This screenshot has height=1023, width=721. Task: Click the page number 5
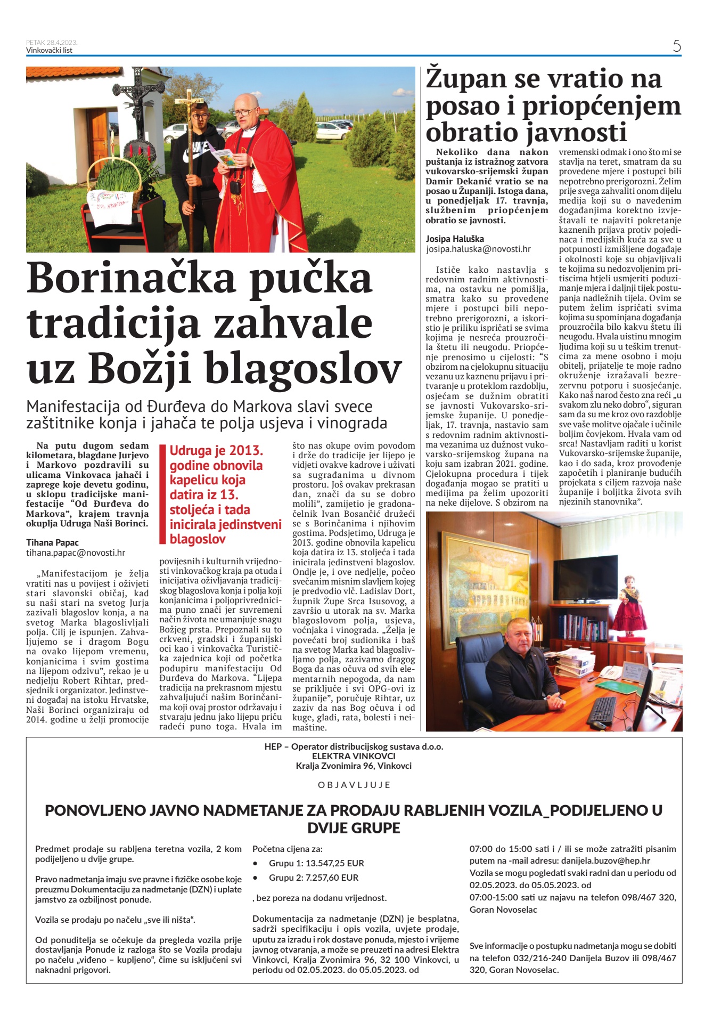676,46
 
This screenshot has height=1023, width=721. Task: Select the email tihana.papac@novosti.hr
76,553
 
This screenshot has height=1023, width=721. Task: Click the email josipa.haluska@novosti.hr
478,249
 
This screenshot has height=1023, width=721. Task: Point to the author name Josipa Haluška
455,239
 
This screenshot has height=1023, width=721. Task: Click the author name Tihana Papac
52,542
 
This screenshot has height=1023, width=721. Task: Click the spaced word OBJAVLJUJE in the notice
354,785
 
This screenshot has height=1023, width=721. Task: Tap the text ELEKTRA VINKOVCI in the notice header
354,756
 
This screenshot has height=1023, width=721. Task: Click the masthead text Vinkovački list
49,51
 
